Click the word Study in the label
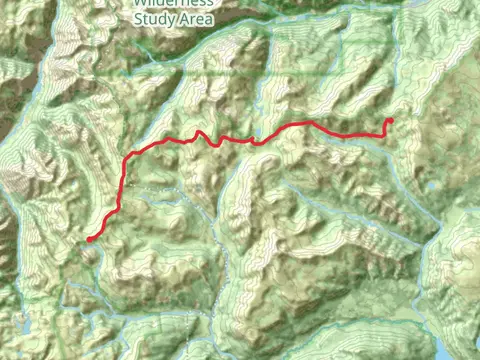click(x=155, y=17)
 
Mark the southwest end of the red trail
click(x=89, y=240)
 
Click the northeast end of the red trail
click(x=390, y=121)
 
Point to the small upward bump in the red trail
click(x=199, y=132)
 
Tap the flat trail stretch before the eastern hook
click(x=360, y=134)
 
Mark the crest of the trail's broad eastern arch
click(x=305, y=123)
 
